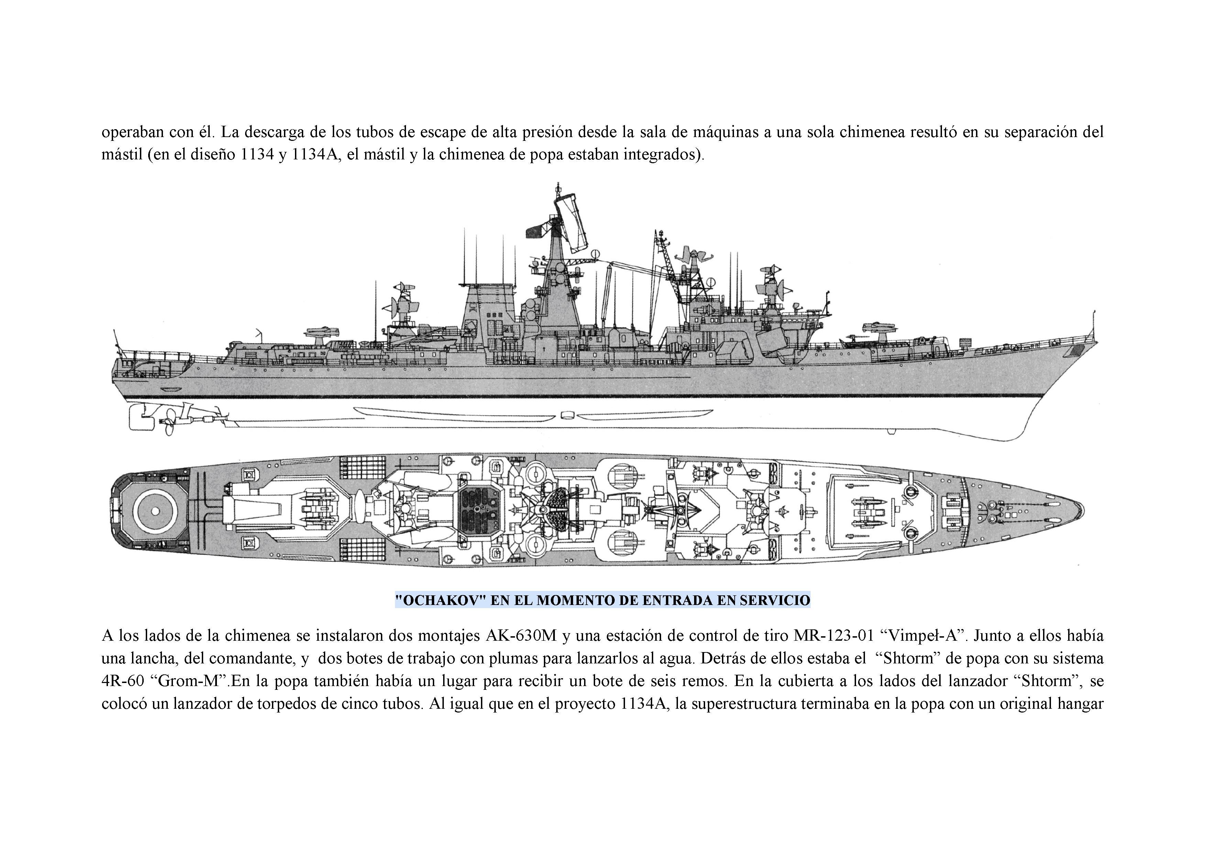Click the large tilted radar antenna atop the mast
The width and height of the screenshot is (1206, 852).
(x=573, y=221)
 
